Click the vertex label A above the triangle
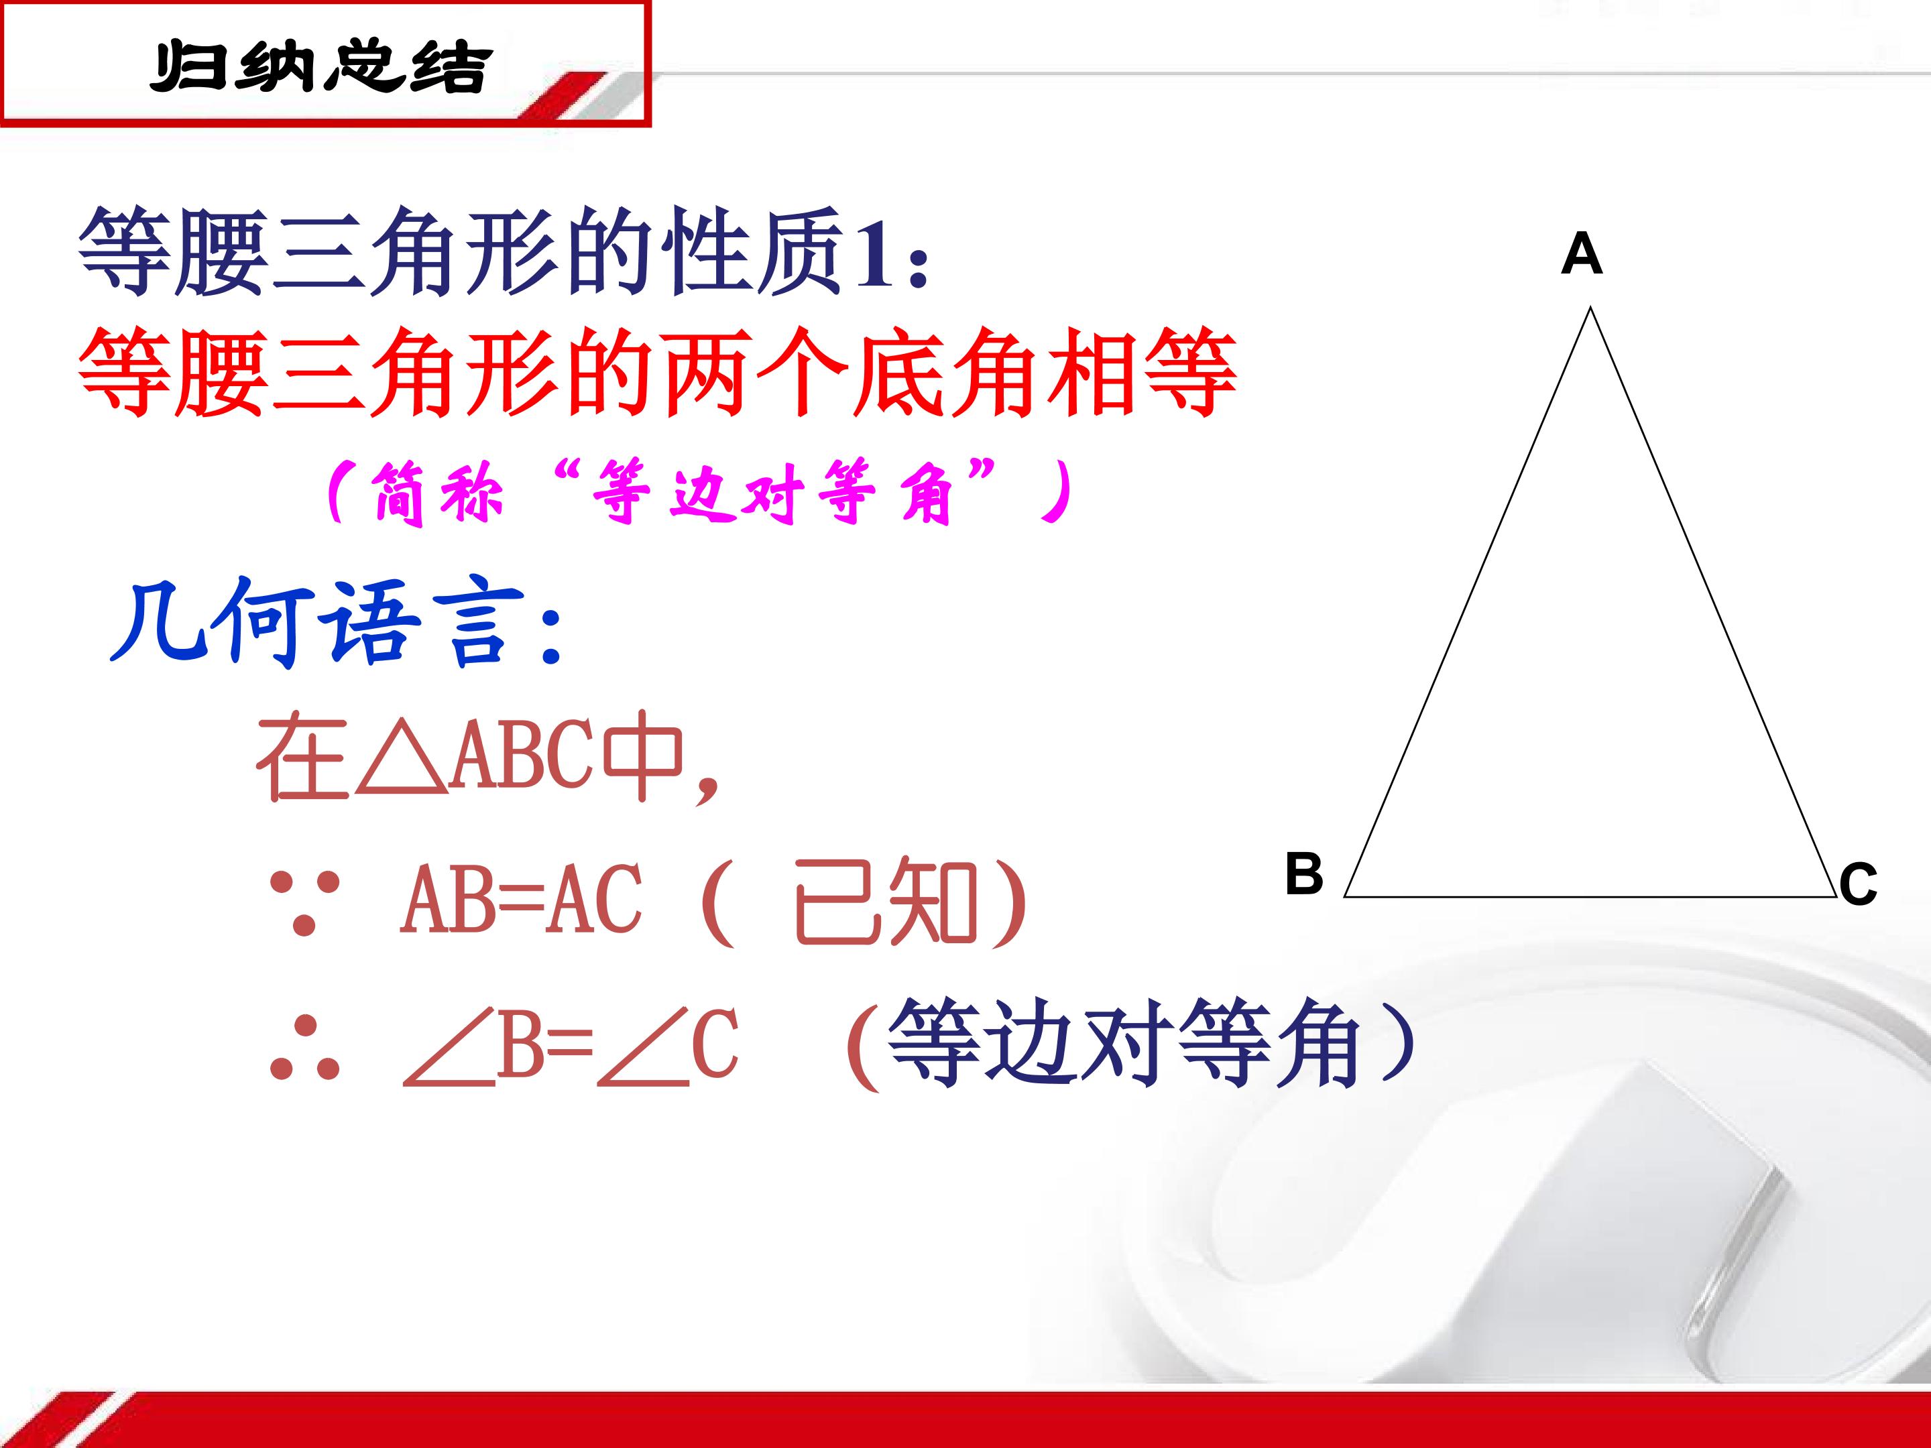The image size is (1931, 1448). coord(1581,254)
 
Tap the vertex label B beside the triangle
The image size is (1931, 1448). coord(1304,873)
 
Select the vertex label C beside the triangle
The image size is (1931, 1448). coord(1858,884)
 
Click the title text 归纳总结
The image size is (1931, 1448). coord(320,66)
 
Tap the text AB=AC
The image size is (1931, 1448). coord(521,899)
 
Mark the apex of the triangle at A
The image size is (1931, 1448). coord(1590,307)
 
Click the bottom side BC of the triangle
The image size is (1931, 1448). coord(1590,896)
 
